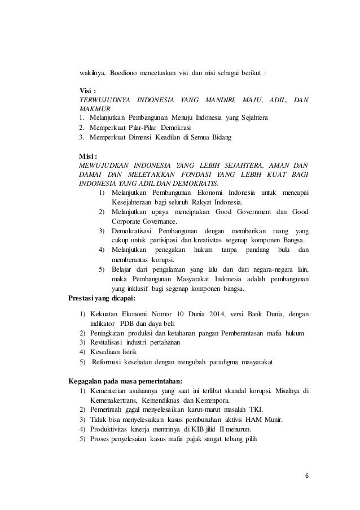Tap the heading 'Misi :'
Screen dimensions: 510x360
coord(89,155)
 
